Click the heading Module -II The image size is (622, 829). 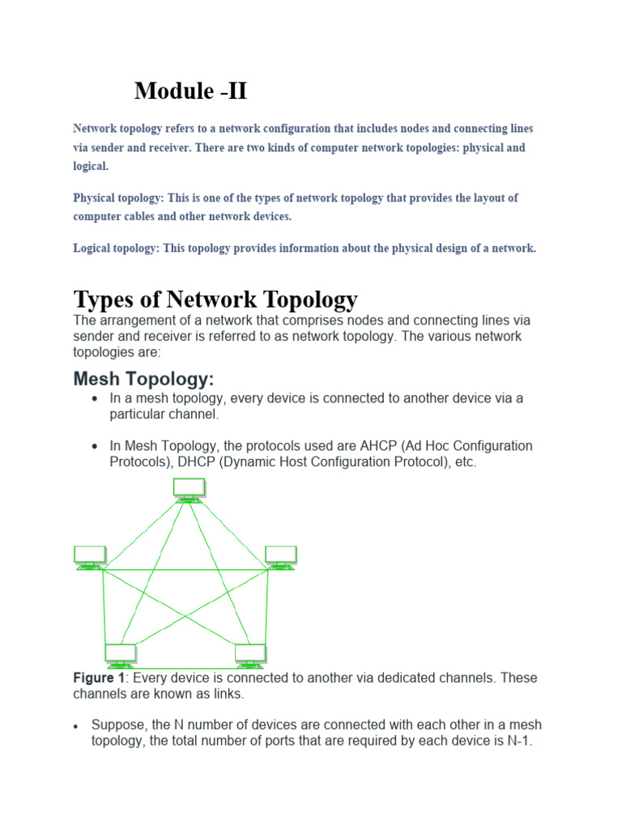190,91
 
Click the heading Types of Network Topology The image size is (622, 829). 215,300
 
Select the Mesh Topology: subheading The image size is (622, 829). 143,379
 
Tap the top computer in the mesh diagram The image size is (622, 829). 189,488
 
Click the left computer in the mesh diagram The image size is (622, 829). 89,556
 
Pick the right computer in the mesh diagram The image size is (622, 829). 281,556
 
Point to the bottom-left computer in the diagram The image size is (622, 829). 121,654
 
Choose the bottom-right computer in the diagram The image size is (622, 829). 250,654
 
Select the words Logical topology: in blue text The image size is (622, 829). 116,249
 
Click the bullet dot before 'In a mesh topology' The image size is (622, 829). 96,399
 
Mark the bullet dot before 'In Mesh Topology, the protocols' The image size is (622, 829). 96,447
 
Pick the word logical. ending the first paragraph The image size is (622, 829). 90,165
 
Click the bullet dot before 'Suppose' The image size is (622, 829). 76,725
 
